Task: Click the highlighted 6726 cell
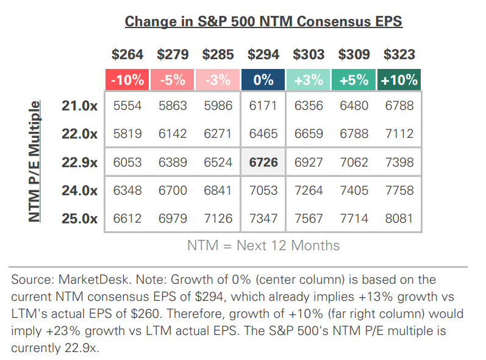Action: coord(263,162)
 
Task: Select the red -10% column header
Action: coord(127,80)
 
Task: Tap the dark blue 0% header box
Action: coord(263,80)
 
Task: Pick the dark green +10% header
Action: coord(399,80)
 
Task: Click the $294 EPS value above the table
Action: coord(263,54)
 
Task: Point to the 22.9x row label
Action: coord(79,162)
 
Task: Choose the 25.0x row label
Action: coord(79,218)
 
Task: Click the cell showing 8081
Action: coord(399,218)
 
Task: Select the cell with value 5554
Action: coord(127,106)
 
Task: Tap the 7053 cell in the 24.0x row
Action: coord(263,190)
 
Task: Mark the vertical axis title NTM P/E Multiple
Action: coord(36,162)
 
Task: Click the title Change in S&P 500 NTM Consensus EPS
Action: coord(263,22)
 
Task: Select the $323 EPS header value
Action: coord(399,54)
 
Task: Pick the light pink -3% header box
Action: coord(218,80)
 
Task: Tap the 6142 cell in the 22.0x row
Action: coord(173,134)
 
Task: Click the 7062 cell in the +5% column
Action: coord(354,162)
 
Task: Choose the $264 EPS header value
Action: coord(127,54)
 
